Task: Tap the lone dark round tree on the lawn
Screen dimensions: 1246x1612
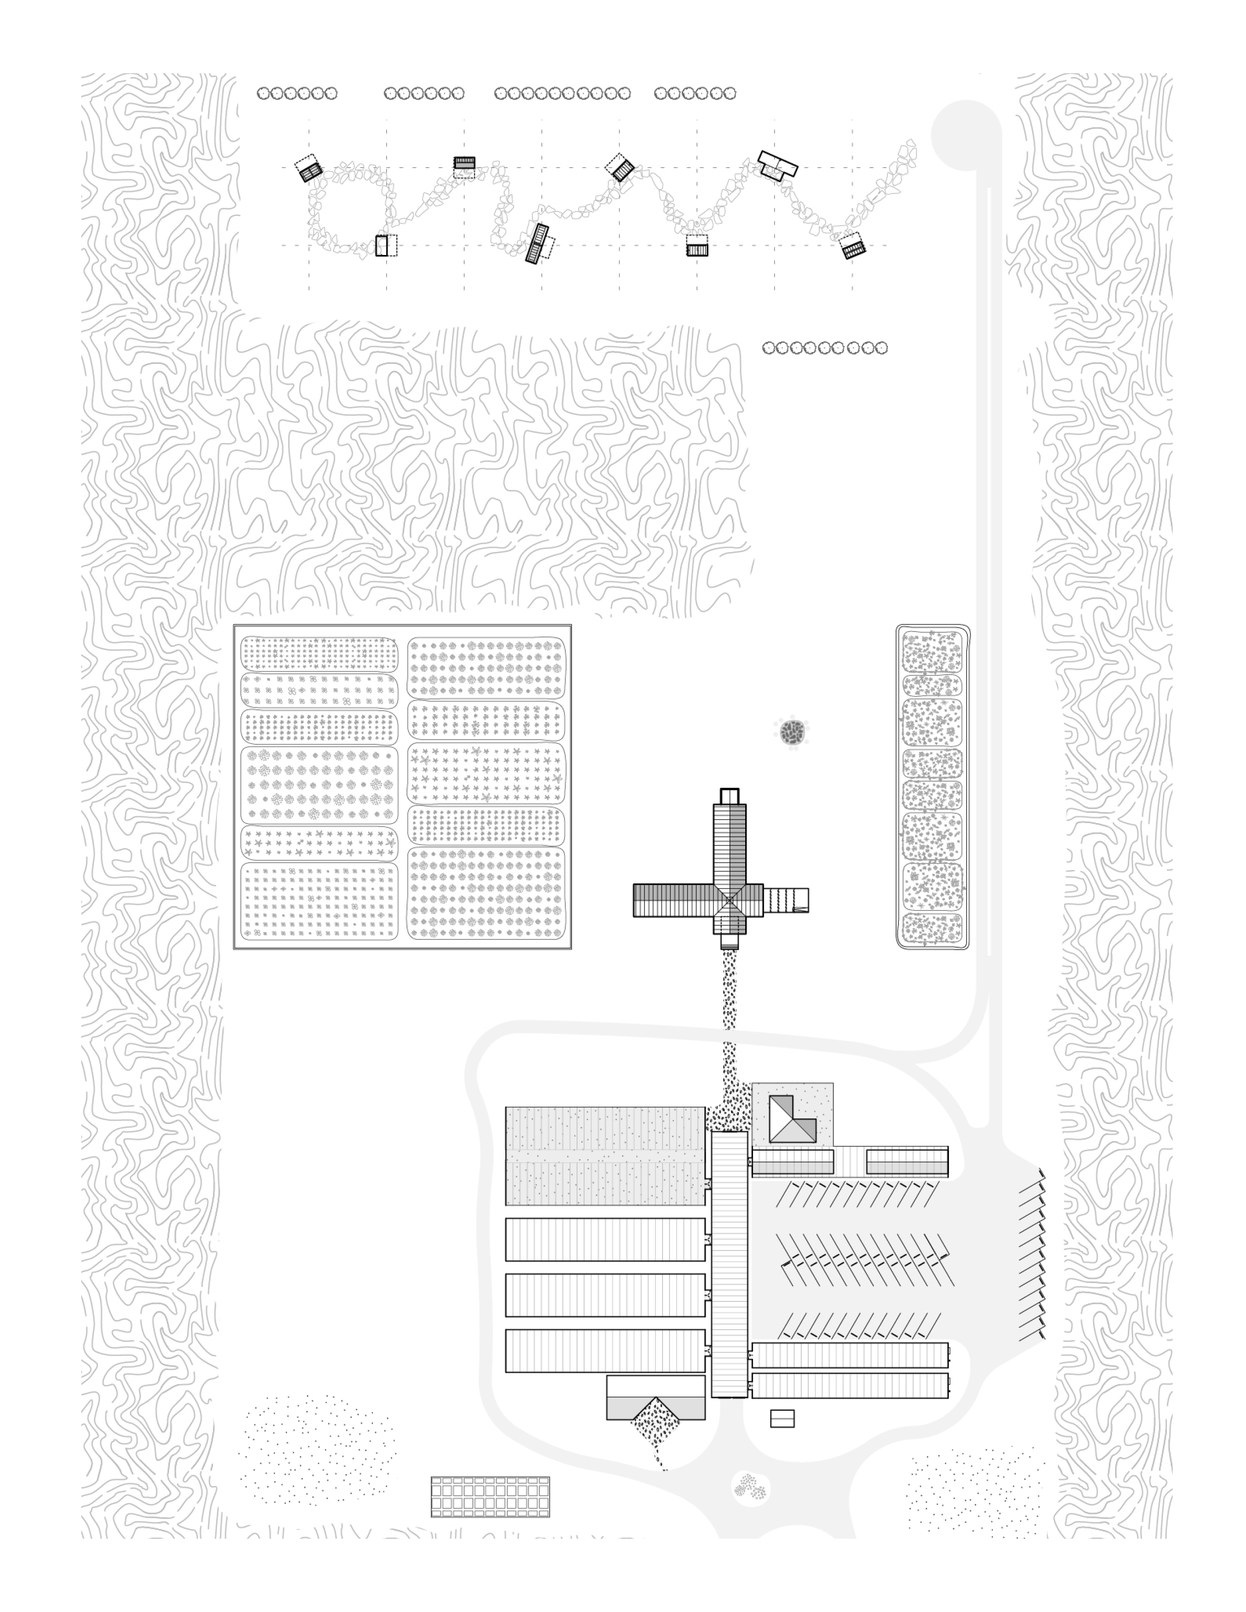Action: pos(793,732)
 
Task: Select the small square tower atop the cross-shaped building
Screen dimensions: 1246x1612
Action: pos(730,796)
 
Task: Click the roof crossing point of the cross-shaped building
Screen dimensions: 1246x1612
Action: pos(730,900)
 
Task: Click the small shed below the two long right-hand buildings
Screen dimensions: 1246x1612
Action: pos(782,1418)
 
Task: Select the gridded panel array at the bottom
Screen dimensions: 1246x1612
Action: pos(490,1496)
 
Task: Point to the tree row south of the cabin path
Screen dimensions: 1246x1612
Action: pos(824,348)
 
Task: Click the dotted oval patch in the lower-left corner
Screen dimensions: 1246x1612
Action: pos(318,1450)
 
